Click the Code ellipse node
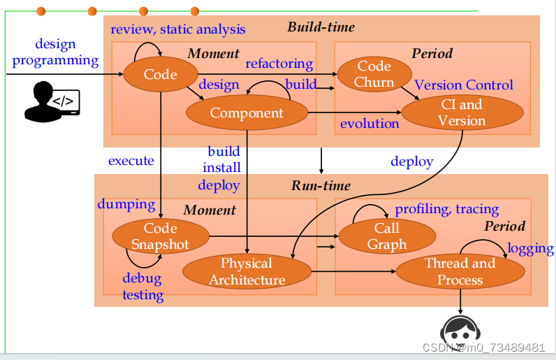pos(160,75)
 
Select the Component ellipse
pos(247,113)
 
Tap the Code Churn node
pos(374,74)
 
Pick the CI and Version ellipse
pos(461,113)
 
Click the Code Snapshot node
pos(160,236)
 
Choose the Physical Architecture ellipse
pos(247,272)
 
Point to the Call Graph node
pos(386,236)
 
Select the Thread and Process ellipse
pos(460,272)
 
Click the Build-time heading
pos(321,27)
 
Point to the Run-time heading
pos(321,186)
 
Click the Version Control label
pos(464,85)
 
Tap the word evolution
pos(370,124)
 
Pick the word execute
pos(131,161)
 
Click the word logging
pos(530,249)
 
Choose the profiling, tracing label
pos(447,209)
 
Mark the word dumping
pos(126,204)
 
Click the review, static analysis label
pos(177,29)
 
